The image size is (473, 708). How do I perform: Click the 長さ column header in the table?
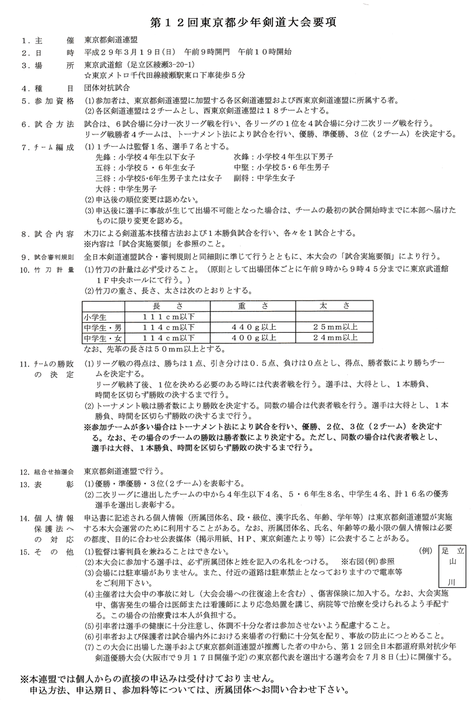(167, 305)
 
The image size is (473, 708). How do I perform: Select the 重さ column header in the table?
(253, 305)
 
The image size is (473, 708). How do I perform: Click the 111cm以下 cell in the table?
(167, 316)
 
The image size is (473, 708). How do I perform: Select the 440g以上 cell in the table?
(253, 327)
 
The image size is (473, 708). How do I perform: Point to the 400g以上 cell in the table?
(253, 337)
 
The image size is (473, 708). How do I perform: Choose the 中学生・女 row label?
(103, 337)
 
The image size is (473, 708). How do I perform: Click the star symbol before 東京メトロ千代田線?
(88, 76)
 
